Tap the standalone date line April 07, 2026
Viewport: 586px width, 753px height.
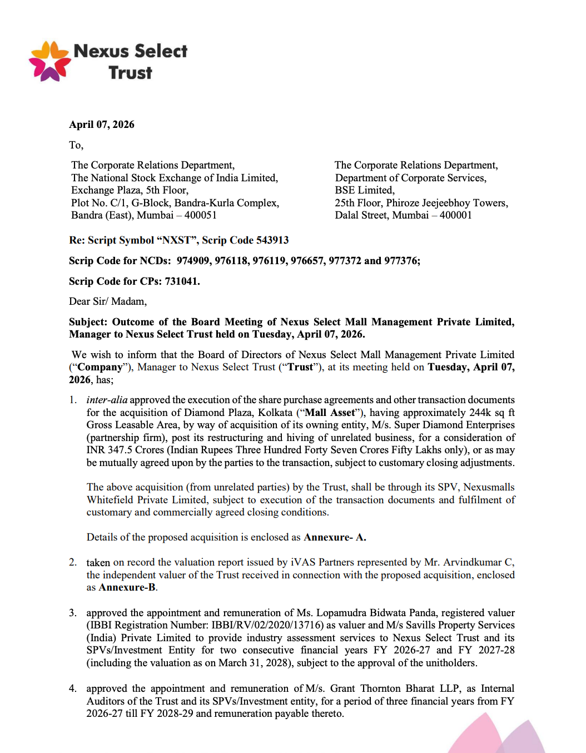(x=102, y=125)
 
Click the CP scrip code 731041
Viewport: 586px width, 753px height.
(x=182, y=281)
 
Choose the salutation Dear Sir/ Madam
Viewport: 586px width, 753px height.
(x=108, y=301)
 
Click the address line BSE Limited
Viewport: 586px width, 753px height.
(x=365, y=190)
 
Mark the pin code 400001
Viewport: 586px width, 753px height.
(x=456, y=215)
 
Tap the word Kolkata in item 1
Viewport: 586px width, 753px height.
(x=275, y=413)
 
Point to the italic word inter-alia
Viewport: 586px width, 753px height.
(x=107, y=400)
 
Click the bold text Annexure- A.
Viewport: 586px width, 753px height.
(x=335, y=537)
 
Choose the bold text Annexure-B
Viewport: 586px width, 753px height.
(x=127, y=587)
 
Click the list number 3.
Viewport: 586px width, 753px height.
(x=73, y=613)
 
